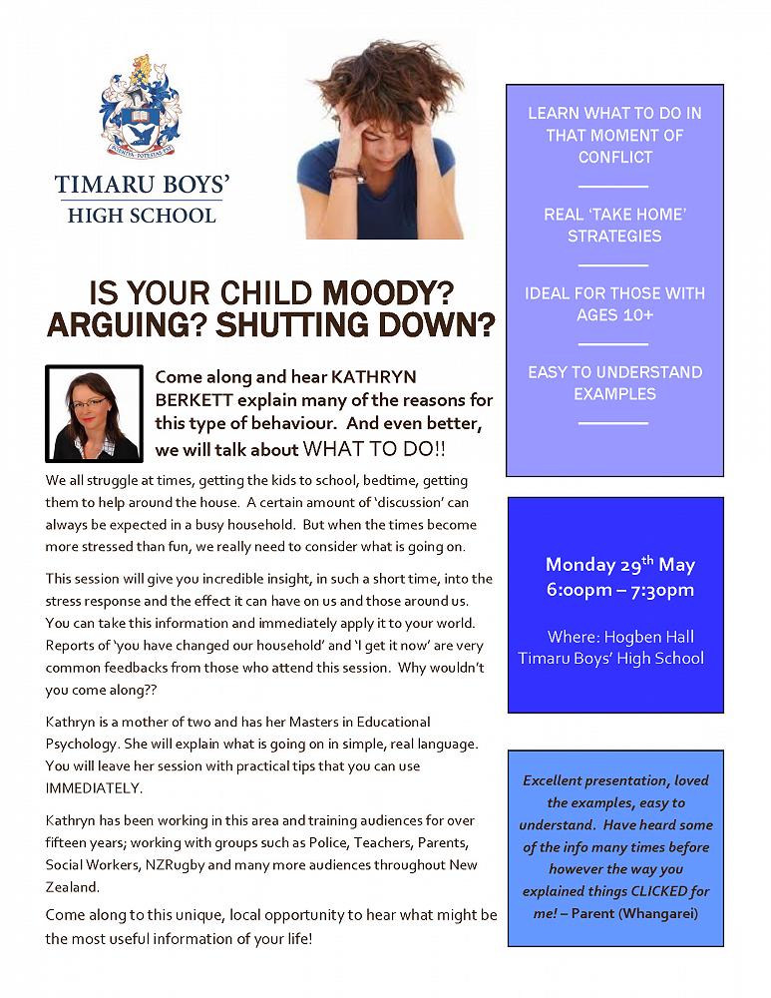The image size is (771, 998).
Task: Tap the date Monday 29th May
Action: (619, 564)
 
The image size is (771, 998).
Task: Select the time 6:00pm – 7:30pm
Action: (619, 589)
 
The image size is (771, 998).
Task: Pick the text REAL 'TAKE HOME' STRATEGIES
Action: (614, 226)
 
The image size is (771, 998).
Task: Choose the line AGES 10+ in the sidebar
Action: (614, 315)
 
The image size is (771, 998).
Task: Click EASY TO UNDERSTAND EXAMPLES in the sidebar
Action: (614, 382)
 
